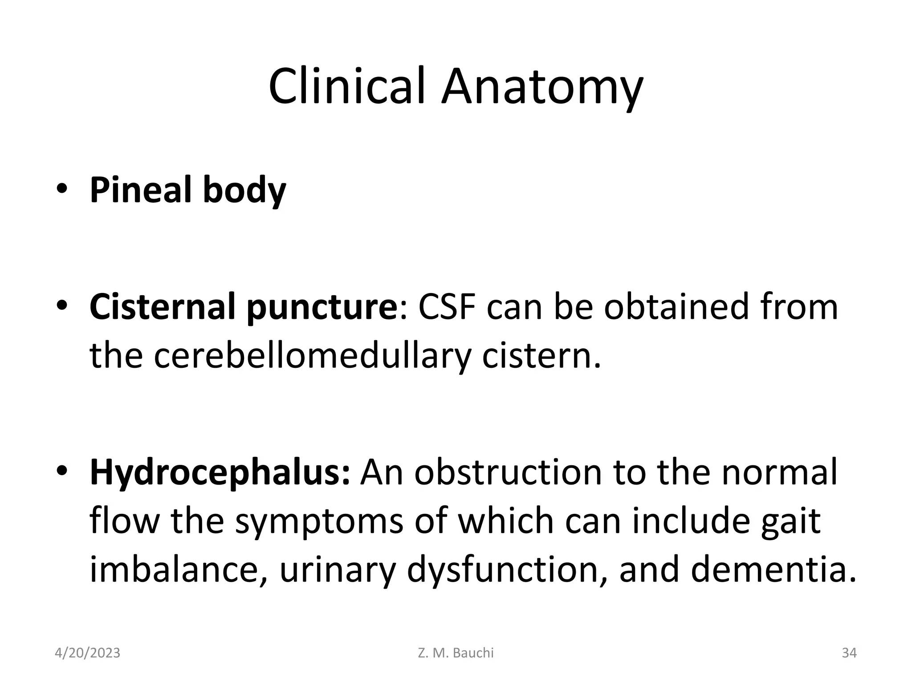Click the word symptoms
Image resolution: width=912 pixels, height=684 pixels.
pyautogui.click(x=319, y=522)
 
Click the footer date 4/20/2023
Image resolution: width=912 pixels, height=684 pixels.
pyautogui.click(x=87, y=653)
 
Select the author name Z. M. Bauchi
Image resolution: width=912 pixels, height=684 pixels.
pyautogui.click(x=456, y=653)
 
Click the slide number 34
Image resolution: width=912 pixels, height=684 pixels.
pyautogui.click(x=849, y=653)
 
